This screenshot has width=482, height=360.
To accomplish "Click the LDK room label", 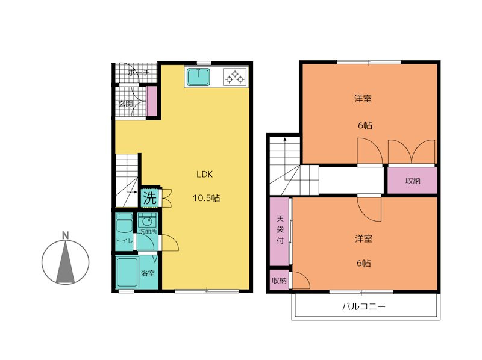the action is tap(204, 174).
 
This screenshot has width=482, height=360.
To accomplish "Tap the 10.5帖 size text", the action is tap(206, 198).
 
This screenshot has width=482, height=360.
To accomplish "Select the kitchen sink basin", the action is tap(199, 77).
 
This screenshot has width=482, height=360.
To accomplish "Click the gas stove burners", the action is tap(235, 76).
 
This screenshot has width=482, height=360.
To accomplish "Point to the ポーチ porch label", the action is tap(139, 73).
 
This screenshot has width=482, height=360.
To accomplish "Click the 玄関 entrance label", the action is tap(126, 103).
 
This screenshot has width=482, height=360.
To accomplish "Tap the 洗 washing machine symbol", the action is tap(150, 198).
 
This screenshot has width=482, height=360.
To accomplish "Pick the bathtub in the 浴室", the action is tap(127, 272).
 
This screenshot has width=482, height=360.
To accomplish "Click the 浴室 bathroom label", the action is tap(148, 273).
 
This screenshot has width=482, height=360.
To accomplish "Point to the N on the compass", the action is tap(65, 235).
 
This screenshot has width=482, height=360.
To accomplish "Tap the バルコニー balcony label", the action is tap(364, 306).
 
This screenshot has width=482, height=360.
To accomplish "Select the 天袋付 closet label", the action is tap(280, 229).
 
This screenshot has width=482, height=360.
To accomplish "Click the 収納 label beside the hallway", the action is tap(413, 181).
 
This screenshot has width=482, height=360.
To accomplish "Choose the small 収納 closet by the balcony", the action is tap(279, 280).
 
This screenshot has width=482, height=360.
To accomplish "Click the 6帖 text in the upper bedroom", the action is tap(365, 125).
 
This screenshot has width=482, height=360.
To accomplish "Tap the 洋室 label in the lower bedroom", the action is tap(364, 238).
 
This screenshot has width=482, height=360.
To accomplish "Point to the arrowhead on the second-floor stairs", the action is tap(285, 139).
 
